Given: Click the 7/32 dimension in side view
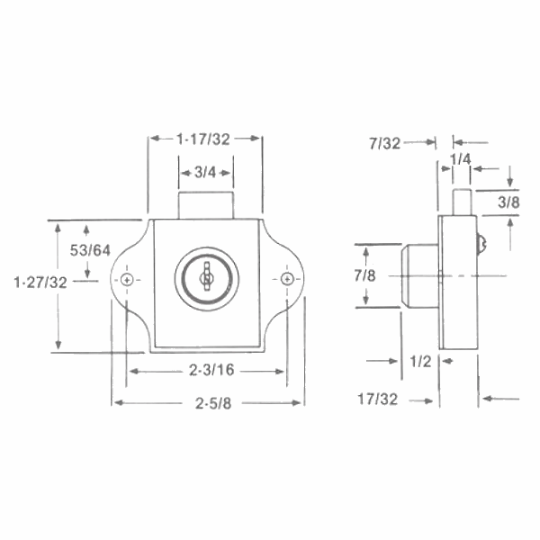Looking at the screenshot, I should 385,142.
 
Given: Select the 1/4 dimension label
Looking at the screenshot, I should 460,159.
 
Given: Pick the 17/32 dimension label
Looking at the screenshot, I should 377,397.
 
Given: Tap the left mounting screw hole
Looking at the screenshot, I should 128,280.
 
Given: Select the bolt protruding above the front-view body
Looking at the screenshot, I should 206,204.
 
